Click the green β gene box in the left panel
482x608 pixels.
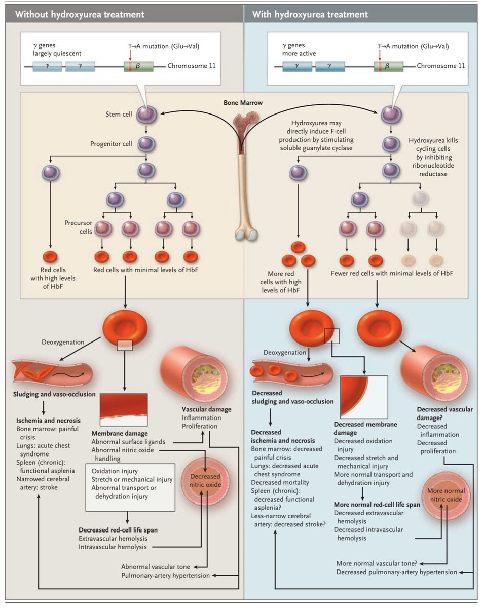(x=138, y=66)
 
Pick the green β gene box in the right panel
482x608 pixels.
(x=389, y=66)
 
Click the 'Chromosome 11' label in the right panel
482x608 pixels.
(x=439, y=66)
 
